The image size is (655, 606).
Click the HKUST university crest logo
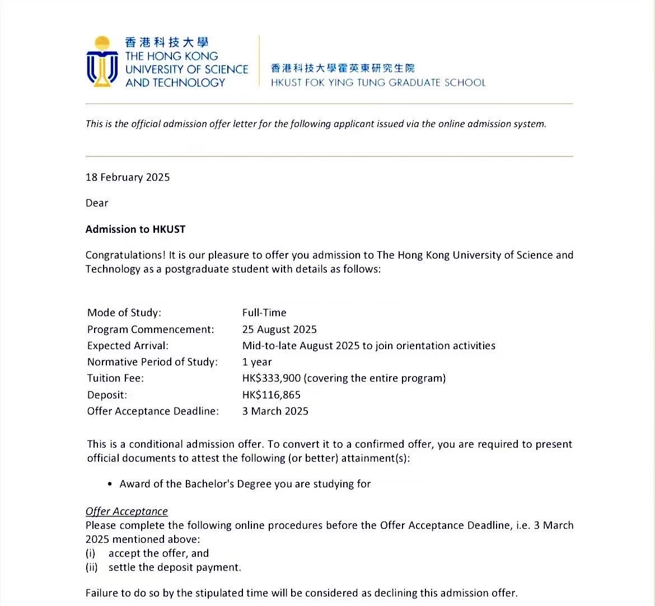tap(102, 62)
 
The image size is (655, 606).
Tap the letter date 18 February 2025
tap(128, 177)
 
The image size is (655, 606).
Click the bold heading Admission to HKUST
tap(135, 229)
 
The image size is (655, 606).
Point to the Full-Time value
tap(264, 313)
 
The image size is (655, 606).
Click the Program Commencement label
tap(151, 330)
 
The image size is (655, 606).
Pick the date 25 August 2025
tap(279, 330)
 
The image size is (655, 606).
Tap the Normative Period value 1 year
tap(257, 362)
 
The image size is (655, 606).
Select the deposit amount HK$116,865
tap(272, 395)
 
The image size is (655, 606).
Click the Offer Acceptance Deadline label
tap(153, 411)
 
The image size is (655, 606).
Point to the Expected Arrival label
tap(128, 346)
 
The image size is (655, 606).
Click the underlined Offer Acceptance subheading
tap(127, 511)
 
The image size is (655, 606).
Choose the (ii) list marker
tap(91, 567)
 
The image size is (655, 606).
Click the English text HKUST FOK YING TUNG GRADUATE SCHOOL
tap(378, 83)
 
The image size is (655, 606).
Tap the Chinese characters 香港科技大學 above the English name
tap(167, 43)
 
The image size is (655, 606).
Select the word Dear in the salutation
tap(97, 203)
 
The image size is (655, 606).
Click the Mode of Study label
tap(124, 313)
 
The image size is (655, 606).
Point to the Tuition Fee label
tap(115, 378)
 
